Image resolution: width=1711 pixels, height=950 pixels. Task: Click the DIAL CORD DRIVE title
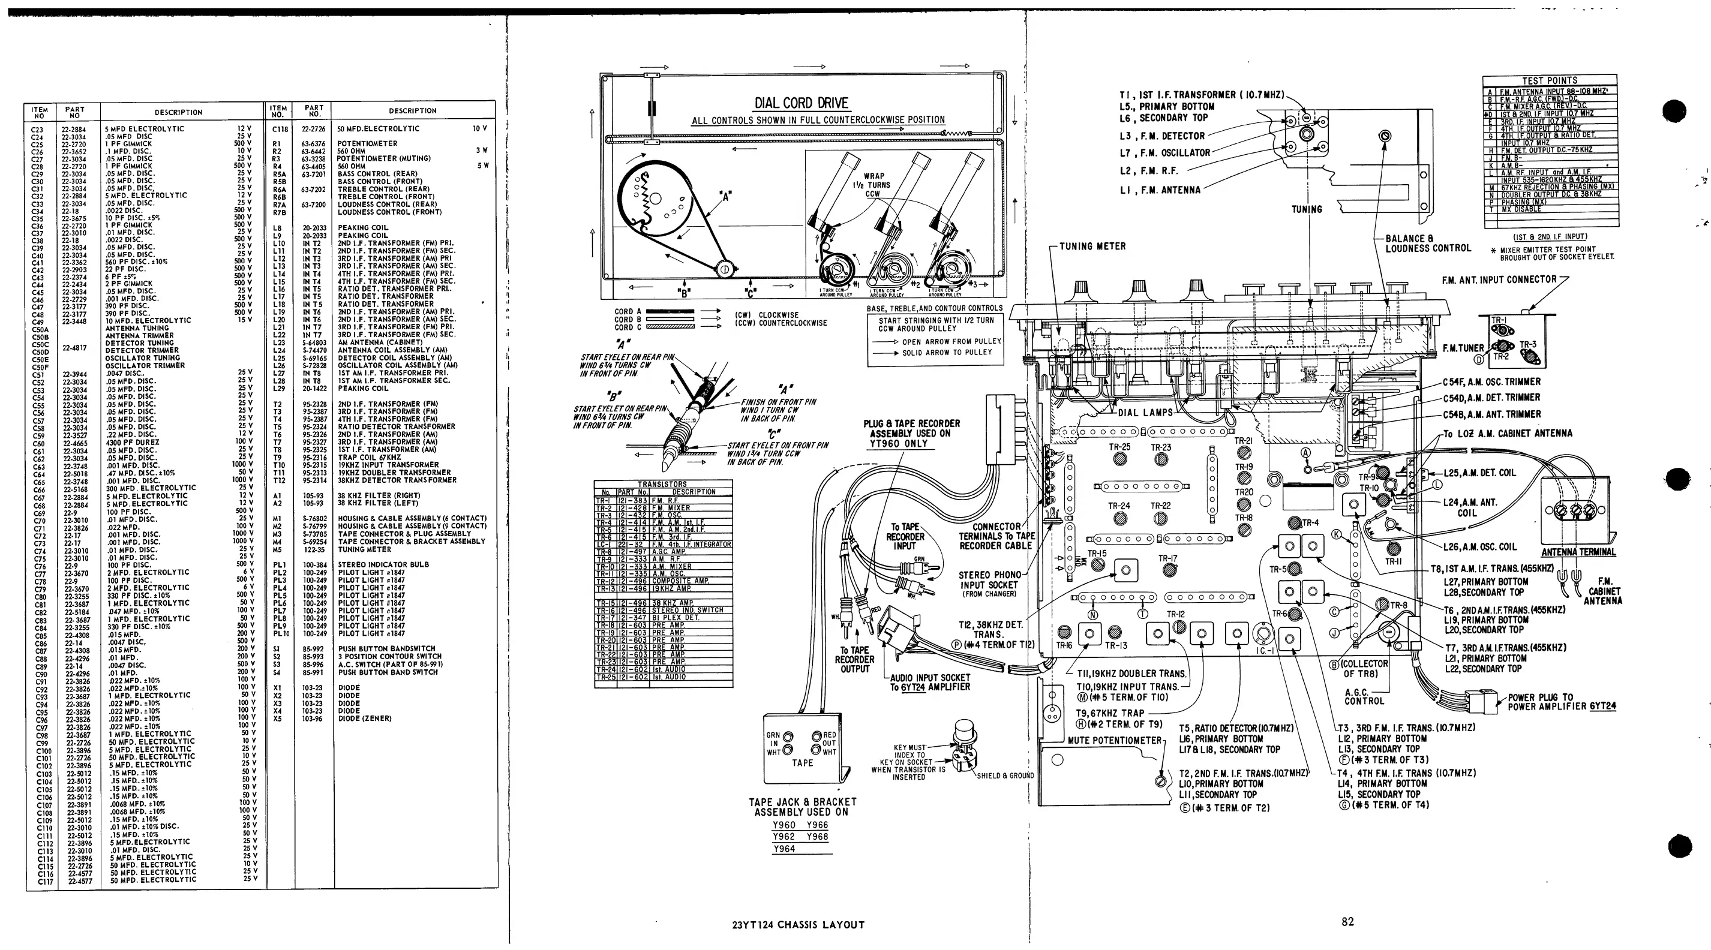pyautogui.click(x=801, y=103)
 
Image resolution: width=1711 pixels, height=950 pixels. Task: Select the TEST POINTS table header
pyautogui.click(x=1549, y=80)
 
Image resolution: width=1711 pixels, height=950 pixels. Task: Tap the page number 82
pyautogui.click(x=1347, y=921)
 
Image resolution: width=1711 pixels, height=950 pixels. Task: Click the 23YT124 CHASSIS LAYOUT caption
pyautogui.click(x=798, y=924)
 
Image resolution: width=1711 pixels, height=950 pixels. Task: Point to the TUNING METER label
pyautogui.click(x=1092, y=246)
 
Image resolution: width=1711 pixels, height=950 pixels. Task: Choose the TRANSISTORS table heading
pyautogui.click(x=662, y=484)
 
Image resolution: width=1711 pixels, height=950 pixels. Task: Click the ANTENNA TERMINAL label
pyautogui.click(x=1578, y=552)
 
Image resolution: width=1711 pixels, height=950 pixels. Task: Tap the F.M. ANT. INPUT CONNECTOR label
pyautogui.click(x=1499, y=280)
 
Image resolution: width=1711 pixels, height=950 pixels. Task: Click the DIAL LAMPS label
pyautogui.click(x=1145, y=412)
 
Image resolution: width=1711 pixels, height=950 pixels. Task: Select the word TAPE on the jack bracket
pyautogui.click(x=802, y=763)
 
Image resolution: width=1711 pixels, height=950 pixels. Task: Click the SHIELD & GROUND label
pyautogui.click(x=1005, y=775)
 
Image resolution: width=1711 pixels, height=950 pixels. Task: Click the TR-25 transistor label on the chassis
pyautogui.click(x=1119, y=447)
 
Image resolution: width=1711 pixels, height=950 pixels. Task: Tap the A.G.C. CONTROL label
pyautogui.click(x=1364, y=696)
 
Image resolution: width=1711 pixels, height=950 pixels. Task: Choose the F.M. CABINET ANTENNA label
pyautogui.click(x=1602, y=591)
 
